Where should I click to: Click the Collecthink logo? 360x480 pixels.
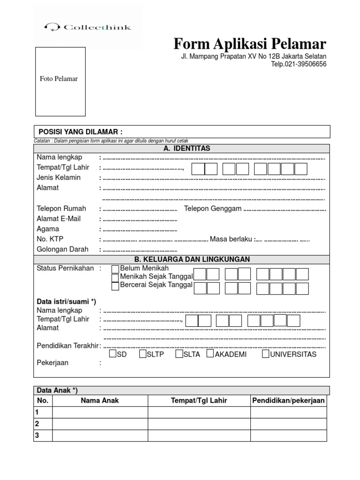pyautogui.click(x=87, y=27)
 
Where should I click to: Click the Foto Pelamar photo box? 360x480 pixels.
pyautogui.click(x=60, y=81)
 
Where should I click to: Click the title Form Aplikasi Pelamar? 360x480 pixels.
pyautogui.click(x=250, y=44)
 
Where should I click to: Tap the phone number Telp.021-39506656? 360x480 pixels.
pyautogui.click(x=299, y=64)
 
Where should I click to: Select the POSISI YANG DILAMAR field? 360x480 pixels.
pyautogui.click(x=182, y=131)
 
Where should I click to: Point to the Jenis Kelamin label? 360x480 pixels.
pyautogui.click(x=59, y=178)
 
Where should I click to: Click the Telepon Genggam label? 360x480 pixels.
pyautogui.click(x=213, y=209)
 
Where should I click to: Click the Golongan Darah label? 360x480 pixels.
pyautogui.click(x=62, y=250)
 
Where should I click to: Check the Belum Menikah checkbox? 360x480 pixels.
pyautogui.click(x=115, y=269)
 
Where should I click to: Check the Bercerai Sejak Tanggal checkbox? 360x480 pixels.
pyautogui.click(x=115, y=286)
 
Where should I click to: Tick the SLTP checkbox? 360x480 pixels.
pyautogui.click(x=143, y=354)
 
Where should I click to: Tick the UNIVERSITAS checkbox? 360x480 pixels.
pyautogui.click(x=265, y=354)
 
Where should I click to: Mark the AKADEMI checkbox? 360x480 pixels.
pyautogui.click(x=210, y=354)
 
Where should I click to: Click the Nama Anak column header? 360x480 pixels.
pyautogui.click(x=100, y=400)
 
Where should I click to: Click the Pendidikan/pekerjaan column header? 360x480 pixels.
pyautogui.click(x=288, y=400)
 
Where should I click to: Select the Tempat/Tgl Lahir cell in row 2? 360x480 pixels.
pyautogui.click(x=199, y=424)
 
